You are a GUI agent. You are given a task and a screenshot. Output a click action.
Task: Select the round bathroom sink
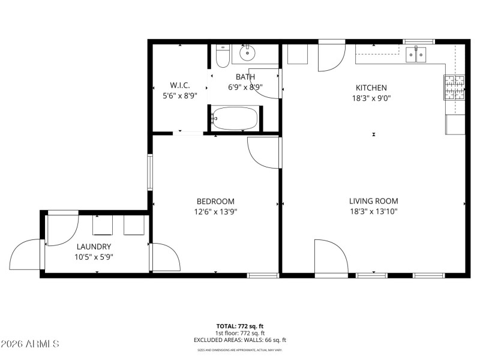point(247,54)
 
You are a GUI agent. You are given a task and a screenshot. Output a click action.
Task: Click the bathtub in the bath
point(235,118)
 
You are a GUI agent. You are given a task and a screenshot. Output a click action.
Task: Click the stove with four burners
point(454,88)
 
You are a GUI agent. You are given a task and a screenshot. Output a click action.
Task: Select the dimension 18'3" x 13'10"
point(373,211)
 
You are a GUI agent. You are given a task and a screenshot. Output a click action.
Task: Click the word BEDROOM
point(215,202)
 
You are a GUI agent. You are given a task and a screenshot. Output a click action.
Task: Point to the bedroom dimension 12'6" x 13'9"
point(215,211)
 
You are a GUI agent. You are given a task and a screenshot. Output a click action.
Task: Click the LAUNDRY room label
point(94,247)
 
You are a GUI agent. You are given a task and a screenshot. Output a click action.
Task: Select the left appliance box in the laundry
point(103,225)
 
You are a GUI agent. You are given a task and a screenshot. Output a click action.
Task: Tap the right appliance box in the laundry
point(133,225)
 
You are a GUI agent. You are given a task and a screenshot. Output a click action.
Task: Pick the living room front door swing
point(330,257)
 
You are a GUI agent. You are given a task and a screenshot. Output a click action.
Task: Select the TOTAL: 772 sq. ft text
point(240,326)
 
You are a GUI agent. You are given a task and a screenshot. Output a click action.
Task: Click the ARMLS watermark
point(30,344)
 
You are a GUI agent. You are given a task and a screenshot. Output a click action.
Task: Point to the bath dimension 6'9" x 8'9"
point(245,87)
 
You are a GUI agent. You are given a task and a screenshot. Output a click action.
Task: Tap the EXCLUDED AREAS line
point(240,340)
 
